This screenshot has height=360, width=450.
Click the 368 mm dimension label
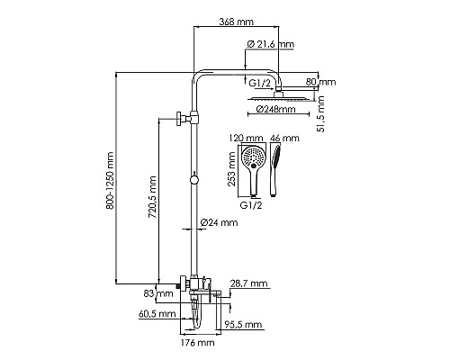[236, 22]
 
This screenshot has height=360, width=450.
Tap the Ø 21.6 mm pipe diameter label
[271, 44]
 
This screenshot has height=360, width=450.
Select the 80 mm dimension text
[320, 82]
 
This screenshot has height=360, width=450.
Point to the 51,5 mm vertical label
[320, 114]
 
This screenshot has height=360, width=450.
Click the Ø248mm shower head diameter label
[276, 109]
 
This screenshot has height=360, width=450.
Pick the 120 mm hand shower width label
[246, 138]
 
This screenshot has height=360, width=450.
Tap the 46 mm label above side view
[284, 138]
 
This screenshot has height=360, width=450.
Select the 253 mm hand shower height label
[231, 169]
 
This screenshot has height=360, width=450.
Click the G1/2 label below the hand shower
[251, 205]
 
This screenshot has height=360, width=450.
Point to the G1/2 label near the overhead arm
[260, 83]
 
